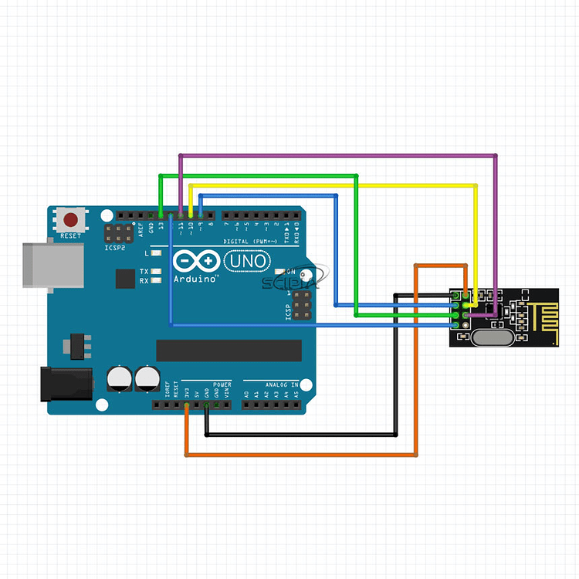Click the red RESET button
pos(73,218)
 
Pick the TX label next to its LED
pos(144,272)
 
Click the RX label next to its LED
pos(144,281)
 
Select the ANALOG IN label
pos(271,384)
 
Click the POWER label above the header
pos(222,384)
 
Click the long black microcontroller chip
pos(229,350)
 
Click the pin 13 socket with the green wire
pos(161,215)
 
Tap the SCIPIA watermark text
pos(290,283)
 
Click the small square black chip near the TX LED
pos(124,279)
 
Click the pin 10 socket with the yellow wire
pos(190,215)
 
